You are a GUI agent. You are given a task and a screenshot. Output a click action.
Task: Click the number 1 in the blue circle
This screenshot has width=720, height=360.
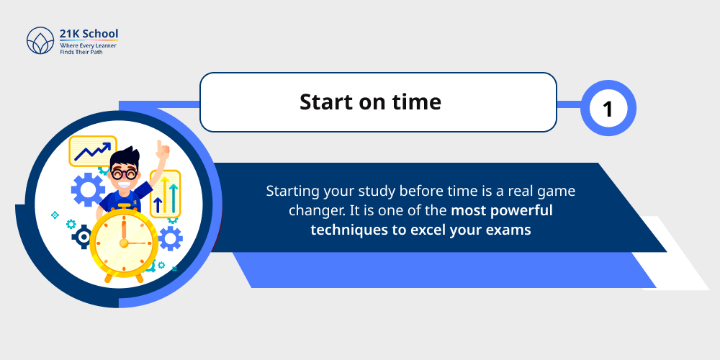coord(608,109)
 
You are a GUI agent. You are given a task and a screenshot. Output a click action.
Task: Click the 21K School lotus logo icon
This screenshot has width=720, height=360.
coord(40,41)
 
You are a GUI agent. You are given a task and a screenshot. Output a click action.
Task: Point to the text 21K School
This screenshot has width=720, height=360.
coord(89,34)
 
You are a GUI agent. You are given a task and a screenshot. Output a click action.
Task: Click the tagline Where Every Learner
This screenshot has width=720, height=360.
coord(88,45)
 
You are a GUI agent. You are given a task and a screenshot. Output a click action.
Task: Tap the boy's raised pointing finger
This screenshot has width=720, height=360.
coord(163,149)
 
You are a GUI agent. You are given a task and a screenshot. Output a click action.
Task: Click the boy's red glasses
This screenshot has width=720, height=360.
coord(127,174)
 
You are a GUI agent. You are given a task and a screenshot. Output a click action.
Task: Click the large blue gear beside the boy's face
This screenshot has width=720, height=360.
coord(88,189)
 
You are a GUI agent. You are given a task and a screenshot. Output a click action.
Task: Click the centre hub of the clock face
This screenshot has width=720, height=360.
coord(123,243)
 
